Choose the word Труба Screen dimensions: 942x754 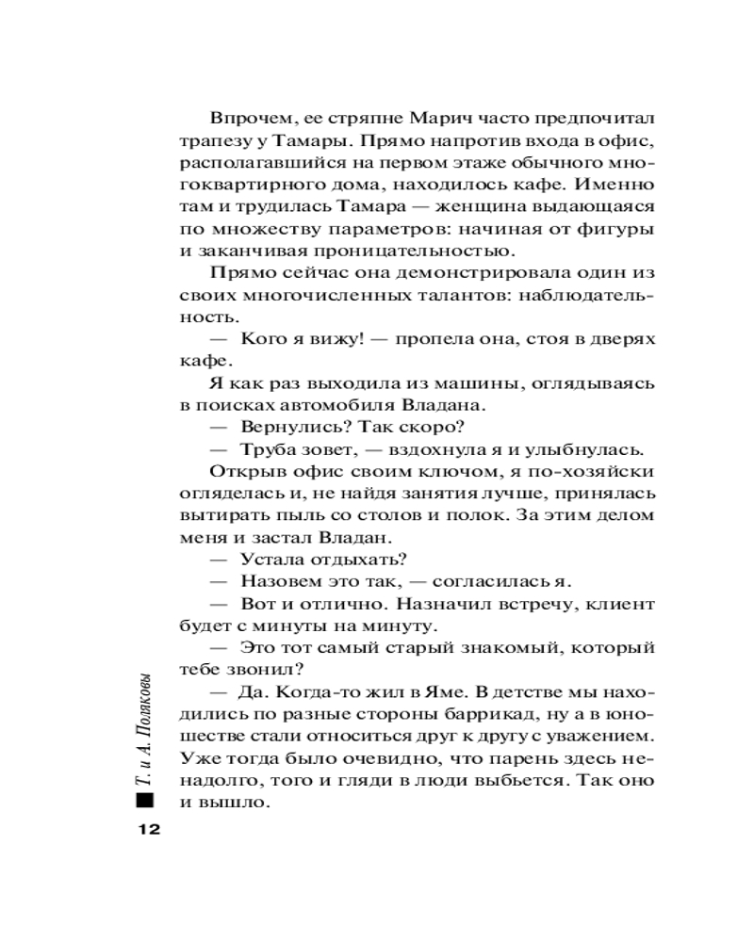pyautogui.click(x=266, y=447)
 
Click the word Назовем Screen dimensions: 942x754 pyautogui.click(x=281, y=580)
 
